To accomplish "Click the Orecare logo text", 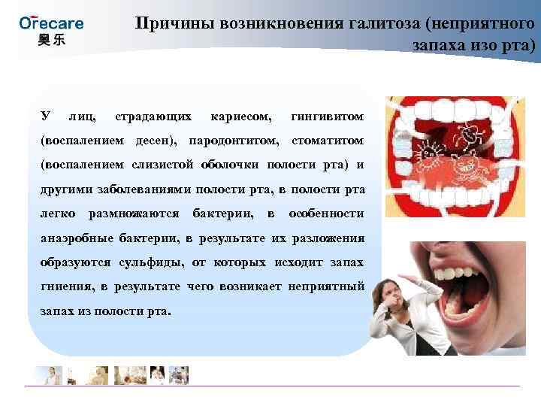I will (x=51, y=22).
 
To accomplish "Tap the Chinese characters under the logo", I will (x=51, y=39).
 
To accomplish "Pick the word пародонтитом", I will (x=234, y=141).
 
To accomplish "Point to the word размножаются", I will (x=134, y=214).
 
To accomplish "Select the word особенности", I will (x=327, y=214).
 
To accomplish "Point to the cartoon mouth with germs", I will (x=458, y=158).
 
